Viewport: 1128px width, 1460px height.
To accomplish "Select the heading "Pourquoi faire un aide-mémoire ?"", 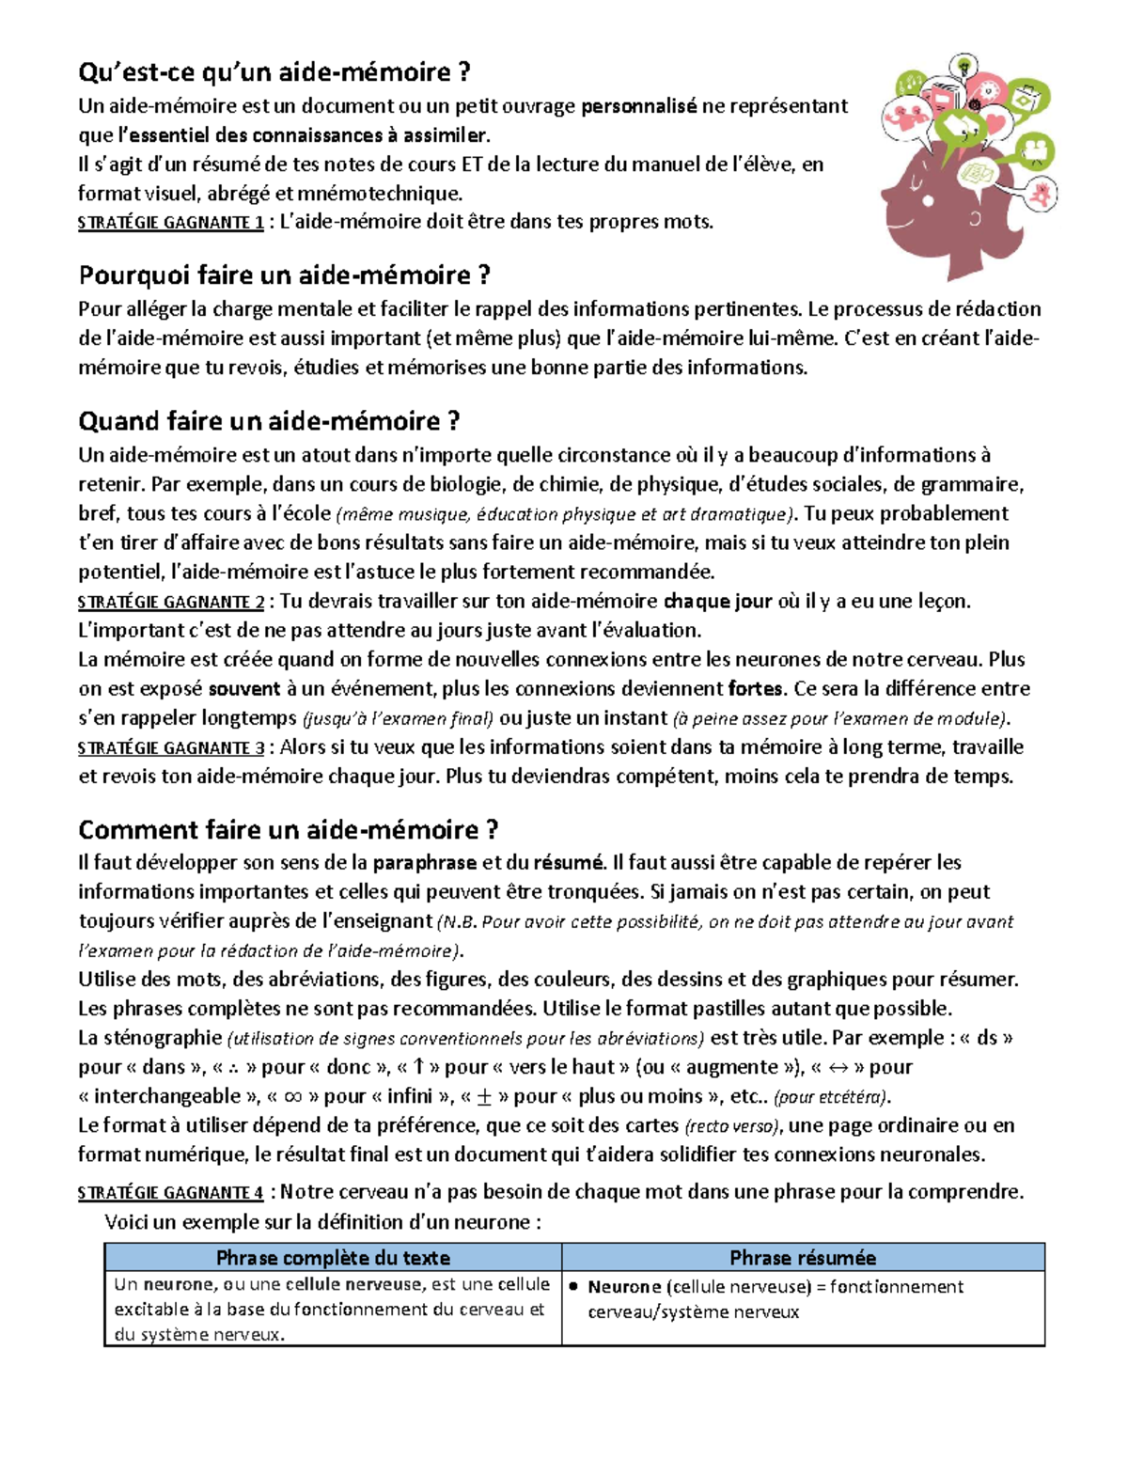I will point(285,275).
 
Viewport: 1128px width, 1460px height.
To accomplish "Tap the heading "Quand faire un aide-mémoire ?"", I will point(269,421).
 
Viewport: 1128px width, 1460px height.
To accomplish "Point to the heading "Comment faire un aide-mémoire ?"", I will point(288,830).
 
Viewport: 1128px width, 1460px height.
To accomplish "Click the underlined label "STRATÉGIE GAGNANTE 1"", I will point(170,224).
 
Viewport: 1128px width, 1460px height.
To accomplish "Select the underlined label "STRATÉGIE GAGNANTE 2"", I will point(170,603).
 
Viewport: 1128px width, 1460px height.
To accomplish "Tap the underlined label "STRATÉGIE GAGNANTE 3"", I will point(170,749).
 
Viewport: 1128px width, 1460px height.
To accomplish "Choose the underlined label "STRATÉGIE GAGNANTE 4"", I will point(170,1194).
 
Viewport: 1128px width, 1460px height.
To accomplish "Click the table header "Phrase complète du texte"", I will point(333,1258).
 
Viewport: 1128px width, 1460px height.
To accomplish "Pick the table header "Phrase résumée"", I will point(803,1258).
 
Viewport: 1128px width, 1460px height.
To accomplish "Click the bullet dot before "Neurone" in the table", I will point(573,1287).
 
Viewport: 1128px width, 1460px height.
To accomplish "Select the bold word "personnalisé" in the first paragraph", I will point(639,106).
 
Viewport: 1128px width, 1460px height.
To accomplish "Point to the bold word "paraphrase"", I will point(424,863).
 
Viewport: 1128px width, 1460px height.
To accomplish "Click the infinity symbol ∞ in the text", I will point(293,1096).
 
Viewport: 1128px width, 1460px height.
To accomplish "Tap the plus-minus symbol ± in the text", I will point(485,1096).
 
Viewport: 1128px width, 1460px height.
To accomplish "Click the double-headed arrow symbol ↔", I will point(838,1067).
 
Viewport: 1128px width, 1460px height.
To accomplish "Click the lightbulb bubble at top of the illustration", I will point(963,66).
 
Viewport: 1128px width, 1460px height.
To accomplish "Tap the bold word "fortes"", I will point(756,689).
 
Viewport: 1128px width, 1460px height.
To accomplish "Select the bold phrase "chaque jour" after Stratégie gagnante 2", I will point(718,602).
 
